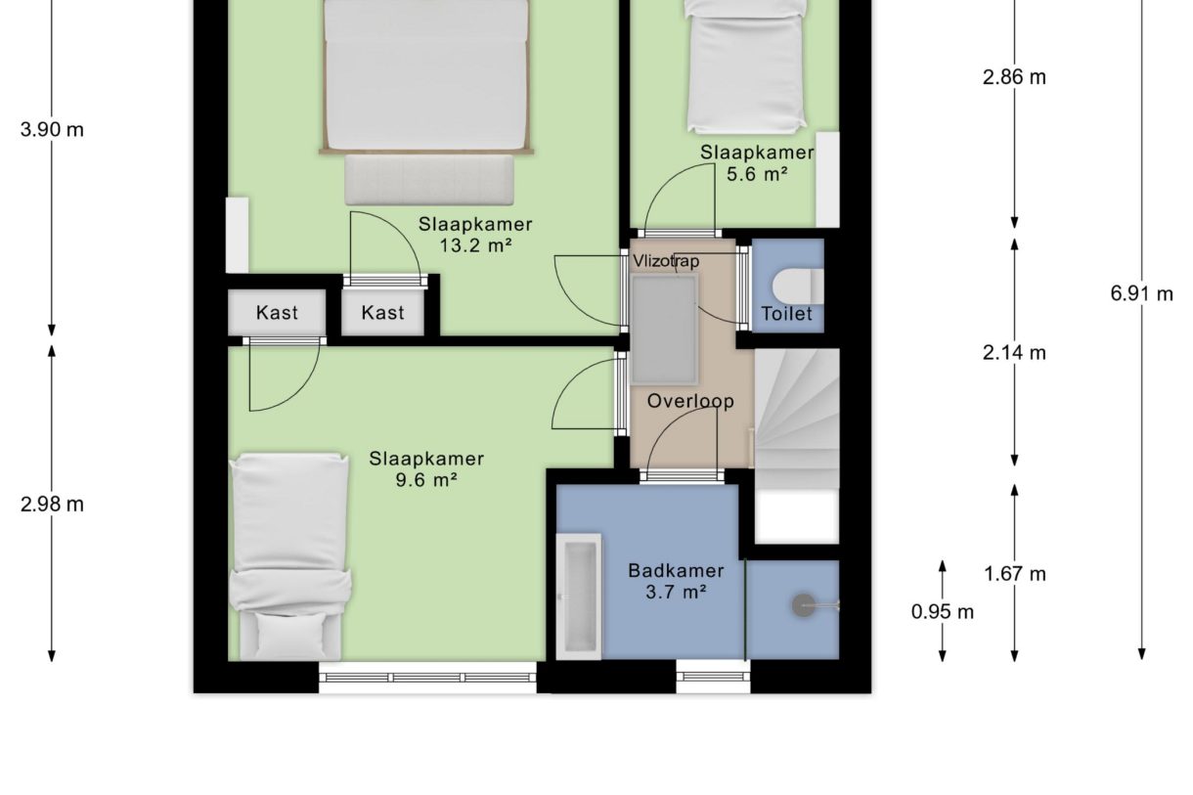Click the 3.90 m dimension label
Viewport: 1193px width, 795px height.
[x=52, y=130]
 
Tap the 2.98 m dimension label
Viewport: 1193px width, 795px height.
[x=52, y=505]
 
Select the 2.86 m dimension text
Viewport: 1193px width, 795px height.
[x=1014, y=78]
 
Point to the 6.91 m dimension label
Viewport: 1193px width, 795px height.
[x=1141, y=293]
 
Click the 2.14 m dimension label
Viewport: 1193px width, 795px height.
[x=1014, y=353]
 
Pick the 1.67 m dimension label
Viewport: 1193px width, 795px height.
[x=1015, y=574]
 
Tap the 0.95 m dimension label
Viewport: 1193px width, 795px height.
[x=942, y=612]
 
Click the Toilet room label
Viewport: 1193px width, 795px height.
[x=786, y=314]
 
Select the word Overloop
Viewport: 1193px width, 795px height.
[x=690, y=401]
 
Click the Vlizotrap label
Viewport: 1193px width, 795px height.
[x=666, y=261]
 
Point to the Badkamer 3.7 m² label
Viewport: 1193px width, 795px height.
[x=676, y=582]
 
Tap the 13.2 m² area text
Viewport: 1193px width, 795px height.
[x=475, y=246]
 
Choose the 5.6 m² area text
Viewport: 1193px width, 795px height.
[x=757, y=174]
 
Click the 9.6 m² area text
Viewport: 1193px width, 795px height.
[x=426, y=480]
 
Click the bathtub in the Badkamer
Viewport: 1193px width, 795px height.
[x=579, y=596]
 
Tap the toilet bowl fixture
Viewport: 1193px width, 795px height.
[x=797, y=287]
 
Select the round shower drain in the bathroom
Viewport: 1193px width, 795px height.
[x=804, y=606]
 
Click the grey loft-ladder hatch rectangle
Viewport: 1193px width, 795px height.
[x=664, y=330]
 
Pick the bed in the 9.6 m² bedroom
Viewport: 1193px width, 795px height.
[x=290, y=557]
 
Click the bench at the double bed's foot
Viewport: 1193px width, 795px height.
[x=428, y=180]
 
